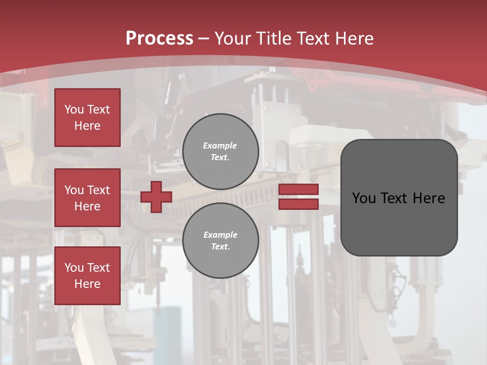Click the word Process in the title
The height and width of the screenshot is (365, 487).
(x=159, y=39)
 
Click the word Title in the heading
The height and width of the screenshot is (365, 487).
(x=273, y=39)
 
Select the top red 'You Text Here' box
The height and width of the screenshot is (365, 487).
(x=87, y=118)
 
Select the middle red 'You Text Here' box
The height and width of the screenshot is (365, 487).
(x=87, y=198)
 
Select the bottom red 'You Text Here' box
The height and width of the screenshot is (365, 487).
(x=87, y=276)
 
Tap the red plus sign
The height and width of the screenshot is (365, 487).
(x=156, y=197)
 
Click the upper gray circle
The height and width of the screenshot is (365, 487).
(x=221, y=152)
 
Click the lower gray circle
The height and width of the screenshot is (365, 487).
(x=221, y=241)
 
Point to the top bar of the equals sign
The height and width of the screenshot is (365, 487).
(x=298, y=189)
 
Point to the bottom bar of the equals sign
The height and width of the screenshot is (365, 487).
(x=298, y=204)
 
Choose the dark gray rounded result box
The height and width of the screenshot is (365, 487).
(x=399, y=198)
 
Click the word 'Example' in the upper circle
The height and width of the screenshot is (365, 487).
(x=220, y=145)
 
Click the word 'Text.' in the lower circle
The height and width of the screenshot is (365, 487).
(x=220, y=247)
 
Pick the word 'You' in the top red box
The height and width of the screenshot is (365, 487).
(x=74, y=109)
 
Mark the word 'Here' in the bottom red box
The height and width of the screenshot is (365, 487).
(x=87, y=284)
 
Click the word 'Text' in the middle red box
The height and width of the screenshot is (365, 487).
(x=98, y=190)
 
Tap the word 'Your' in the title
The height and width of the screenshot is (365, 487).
(x=233, y=39)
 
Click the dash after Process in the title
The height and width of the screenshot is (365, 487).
(x=203, y=39)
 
